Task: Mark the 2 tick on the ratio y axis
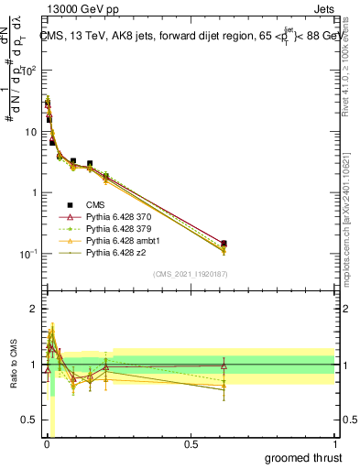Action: tap(33, 309)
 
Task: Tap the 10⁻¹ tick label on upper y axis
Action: tap(28, 254)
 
